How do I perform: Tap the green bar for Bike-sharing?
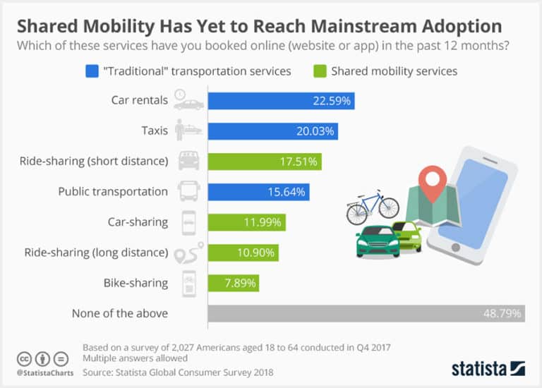click(233, 284)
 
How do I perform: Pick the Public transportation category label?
click(113, 192)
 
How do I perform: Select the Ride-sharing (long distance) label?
click(96, 253)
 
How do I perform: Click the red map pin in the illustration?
click(430, 181)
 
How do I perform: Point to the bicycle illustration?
click(373, 206)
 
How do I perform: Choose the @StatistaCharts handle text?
click(42, 372)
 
